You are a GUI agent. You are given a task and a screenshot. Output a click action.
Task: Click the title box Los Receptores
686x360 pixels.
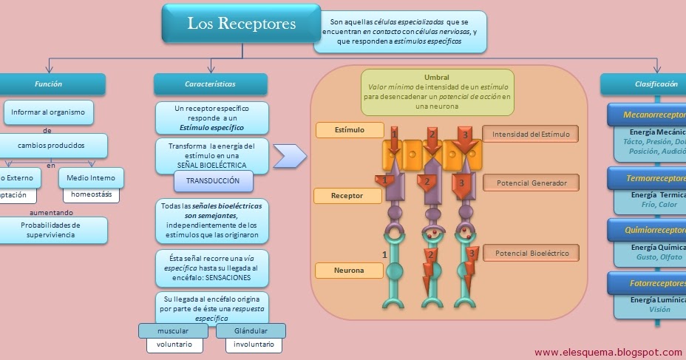(x=241, y=24)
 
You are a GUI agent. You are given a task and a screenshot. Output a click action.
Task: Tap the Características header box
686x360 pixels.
(x=210, y=84)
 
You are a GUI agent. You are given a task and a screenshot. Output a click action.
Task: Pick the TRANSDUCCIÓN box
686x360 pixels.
(x=213, y=181)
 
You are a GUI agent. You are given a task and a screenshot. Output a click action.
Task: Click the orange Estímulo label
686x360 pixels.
(x=350, y=130)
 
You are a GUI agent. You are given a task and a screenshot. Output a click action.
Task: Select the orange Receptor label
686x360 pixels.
(x=347, y=196)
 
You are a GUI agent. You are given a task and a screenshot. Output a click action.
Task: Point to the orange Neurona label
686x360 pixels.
(x=349, y=271)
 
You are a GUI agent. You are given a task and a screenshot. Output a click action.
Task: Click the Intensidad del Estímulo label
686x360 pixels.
(x=530, y=134)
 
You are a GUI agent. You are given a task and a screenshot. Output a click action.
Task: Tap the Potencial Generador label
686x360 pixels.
(x=530, y=183)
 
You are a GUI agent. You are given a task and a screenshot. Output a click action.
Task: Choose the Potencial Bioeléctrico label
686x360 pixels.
(x=530, y=254)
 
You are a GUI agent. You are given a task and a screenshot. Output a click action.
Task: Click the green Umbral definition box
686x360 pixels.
(x=437, y=92)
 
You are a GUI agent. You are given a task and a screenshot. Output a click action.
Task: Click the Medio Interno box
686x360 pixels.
(x=91, y=178)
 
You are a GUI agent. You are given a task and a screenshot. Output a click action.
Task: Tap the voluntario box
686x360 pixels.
(x=174, y=345)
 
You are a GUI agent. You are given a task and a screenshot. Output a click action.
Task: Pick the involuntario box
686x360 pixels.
(x=254, y=345)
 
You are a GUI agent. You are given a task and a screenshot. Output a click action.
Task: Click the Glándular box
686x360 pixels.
(x=251, y=331)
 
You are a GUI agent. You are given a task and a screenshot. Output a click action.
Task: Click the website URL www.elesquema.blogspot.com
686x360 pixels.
(x=608, y=352)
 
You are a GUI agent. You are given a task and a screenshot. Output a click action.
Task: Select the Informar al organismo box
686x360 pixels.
(x=49, y=112)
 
